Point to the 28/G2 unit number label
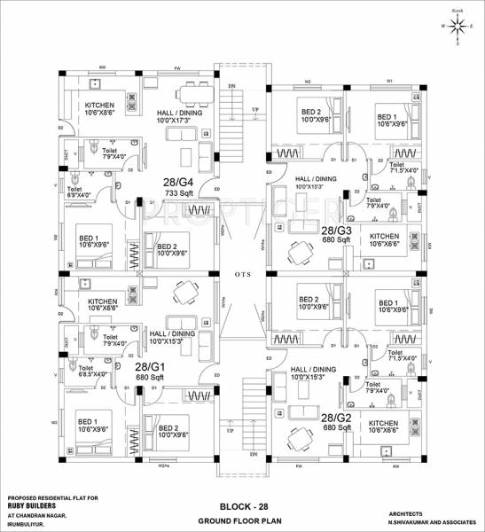(338, 417)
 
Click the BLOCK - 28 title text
(243, 505)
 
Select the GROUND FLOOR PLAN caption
(243, 520)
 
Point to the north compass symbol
(457, 27)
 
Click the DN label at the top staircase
(231, 85)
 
